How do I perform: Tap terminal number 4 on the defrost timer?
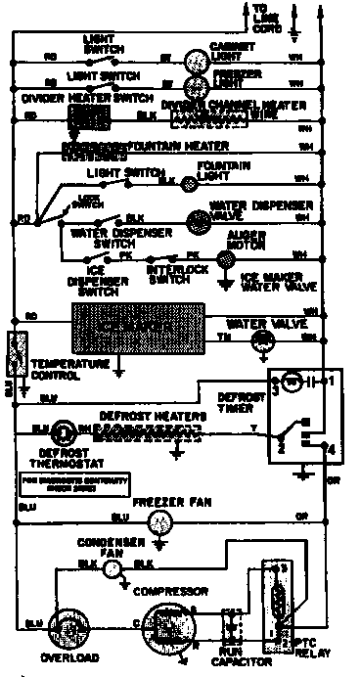pyautogui.click(x=332, y=449)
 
